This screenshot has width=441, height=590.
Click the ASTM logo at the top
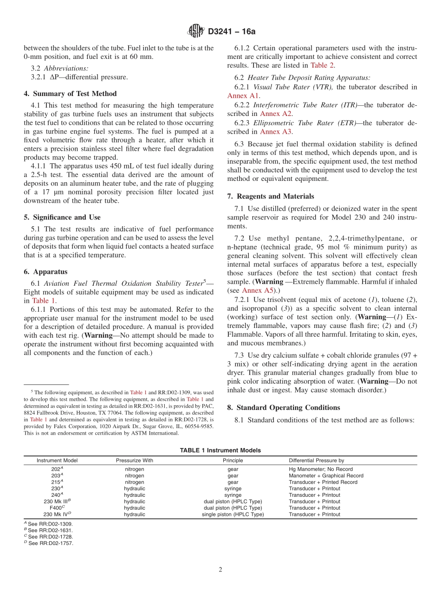pos(195,31)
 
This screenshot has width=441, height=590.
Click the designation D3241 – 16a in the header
pos(232,32)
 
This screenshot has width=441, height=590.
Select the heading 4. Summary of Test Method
pos(70,94)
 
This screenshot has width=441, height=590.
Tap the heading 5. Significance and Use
pos(62,217)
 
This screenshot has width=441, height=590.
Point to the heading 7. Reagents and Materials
pos(271,196)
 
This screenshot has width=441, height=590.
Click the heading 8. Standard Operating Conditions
pos(284,407)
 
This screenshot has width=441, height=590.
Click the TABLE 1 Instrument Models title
pos(220,450)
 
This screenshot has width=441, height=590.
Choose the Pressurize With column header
pos(134,461)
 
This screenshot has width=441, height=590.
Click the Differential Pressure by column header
pos(316,461)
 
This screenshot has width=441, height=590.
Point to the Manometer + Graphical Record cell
pos(326,475)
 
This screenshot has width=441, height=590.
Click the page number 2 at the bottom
pos(220,570)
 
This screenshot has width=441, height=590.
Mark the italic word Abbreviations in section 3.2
pos(65,68)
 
